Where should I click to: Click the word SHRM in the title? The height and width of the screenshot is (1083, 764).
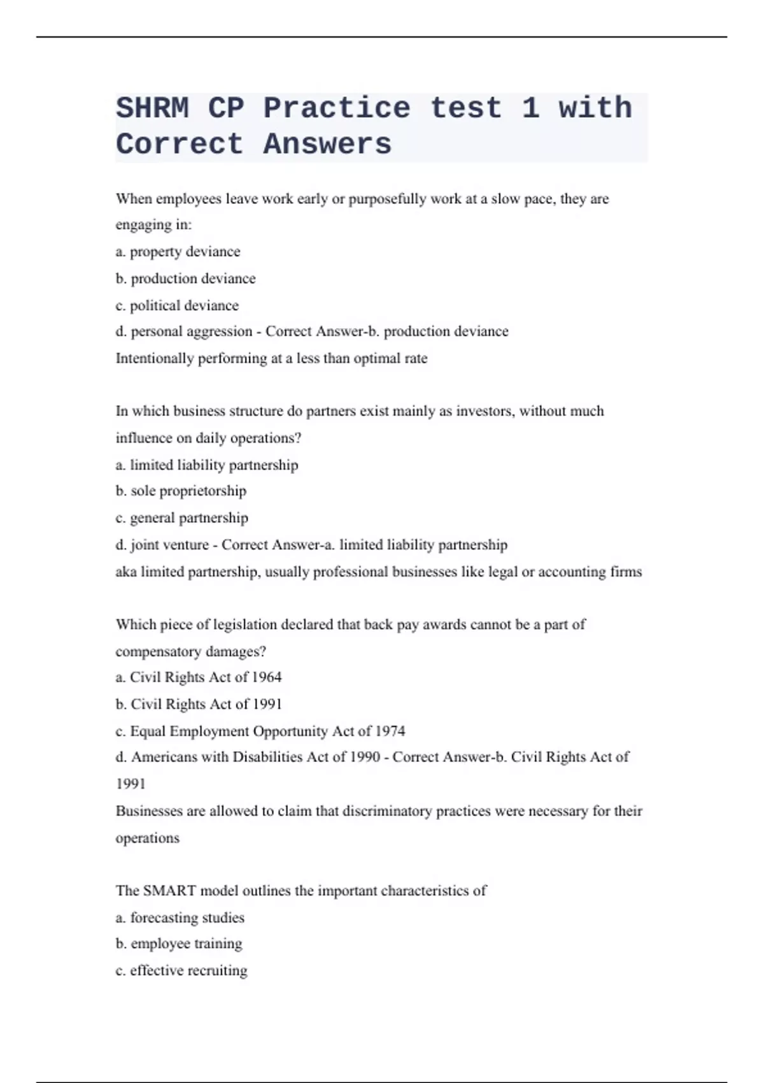pyautogui.click(x=152, y=108)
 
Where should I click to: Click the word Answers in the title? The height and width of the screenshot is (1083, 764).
pyautogui.click(x=327, y=144)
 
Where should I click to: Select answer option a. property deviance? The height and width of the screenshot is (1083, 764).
pyautogui.click(x=178, y=252)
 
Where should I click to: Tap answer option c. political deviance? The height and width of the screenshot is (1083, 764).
pyautogui.click(x=177, y=306)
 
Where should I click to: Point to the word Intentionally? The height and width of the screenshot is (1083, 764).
pyautogui.click(x=154, y=359)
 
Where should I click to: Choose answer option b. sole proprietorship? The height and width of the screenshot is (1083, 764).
pyautogui.click(x=181, y=491)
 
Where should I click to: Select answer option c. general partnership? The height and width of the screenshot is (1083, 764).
pyautogui.click(x=181, y=518)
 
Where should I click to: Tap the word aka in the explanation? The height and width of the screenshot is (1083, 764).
pyautogui.click(x=126, y=572)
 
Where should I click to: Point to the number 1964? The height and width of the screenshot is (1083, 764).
pyautogui.click(x=267, y=677)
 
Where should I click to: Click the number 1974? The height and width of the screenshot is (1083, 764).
pyautogui.click(x=390, y=731)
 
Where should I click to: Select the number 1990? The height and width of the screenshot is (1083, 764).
pyautogui.click(x=365, y=757)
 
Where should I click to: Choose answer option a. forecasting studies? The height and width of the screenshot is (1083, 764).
pyautogui.click(x=180, y=918)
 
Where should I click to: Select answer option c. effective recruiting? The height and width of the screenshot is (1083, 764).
pyautogui.click(x=181, y=971)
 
